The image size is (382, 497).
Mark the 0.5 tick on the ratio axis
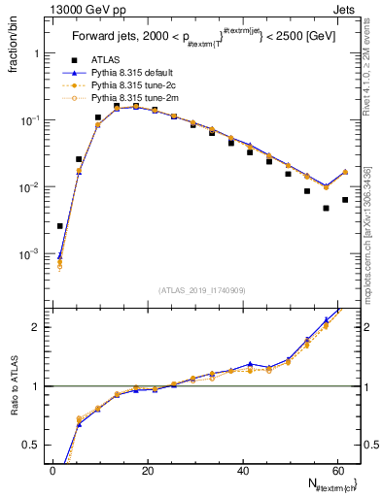click(33, 445)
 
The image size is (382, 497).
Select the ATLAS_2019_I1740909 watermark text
click(201, 290)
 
